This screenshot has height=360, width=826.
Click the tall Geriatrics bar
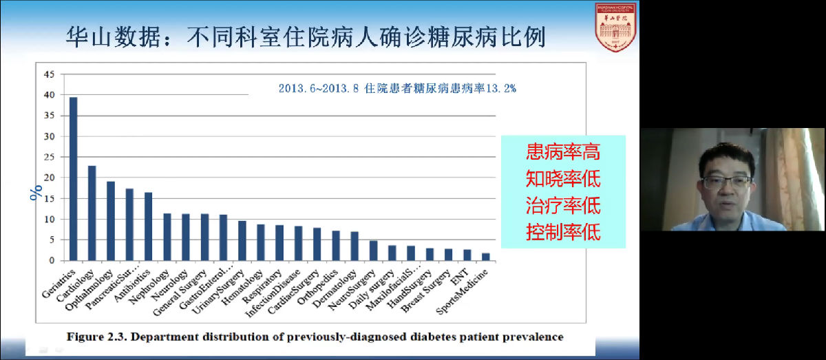(73, 179)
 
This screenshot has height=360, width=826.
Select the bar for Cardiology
(92, 213)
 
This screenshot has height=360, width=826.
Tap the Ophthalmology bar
(110, 221)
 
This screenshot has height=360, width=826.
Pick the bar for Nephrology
(167, 237)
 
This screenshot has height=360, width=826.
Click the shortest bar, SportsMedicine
(486, 257)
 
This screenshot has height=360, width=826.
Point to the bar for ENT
(467, 255)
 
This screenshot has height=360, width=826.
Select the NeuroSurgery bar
(373, 251)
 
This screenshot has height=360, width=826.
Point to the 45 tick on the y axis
(48, 74)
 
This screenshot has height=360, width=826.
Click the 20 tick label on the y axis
(48, 178)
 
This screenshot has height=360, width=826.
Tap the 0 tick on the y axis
(51, 260)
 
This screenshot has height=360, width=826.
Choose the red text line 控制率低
(562, 231)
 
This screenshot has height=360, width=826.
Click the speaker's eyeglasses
(727, 182)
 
